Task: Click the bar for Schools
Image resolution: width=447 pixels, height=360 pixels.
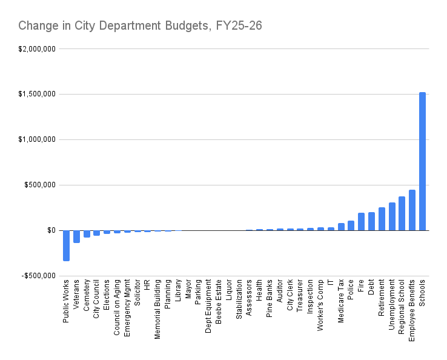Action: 422,161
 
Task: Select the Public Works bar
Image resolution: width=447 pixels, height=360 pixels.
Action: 66,245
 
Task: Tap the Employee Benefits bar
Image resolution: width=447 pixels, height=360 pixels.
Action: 412,210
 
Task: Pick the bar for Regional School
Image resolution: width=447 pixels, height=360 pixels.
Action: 402,213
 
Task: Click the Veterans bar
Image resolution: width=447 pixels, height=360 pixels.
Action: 76,236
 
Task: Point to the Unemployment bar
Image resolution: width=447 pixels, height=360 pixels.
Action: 392,216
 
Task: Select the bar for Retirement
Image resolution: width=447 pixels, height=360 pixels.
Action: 382,219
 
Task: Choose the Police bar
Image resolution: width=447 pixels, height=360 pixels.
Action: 351,225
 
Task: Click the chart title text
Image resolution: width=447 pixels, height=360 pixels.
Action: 140,25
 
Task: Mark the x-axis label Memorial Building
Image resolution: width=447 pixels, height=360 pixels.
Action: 157,301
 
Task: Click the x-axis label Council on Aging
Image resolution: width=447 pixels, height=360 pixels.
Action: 117,299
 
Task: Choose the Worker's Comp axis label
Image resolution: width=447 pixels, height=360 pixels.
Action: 320,298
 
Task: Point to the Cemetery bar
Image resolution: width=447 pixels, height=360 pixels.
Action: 87,234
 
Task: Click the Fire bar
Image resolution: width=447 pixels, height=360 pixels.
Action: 361,222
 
